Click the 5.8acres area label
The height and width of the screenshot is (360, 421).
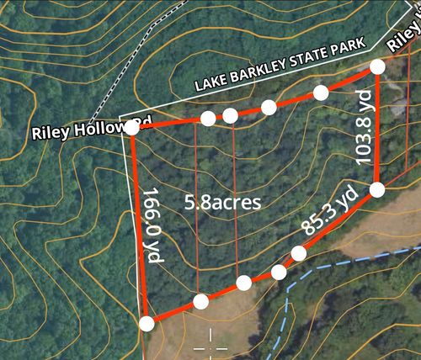point(222,202)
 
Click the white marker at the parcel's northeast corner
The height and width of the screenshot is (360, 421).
point(377,66)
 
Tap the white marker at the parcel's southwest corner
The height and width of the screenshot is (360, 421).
point(147,323)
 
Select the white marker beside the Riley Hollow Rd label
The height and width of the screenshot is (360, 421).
point(132,129)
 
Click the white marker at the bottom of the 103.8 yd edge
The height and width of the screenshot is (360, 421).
point(377,189)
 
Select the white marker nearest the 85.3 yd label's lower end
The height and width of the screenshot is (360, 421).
point(299,253)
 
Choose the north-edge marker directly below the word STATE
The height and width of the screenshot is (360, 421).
point(269,106)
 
